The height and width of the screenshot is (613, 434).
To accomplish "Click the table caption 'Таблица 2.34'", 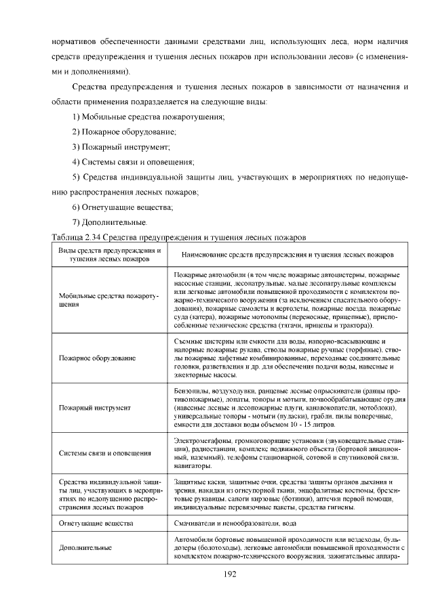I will (x=76, y=237).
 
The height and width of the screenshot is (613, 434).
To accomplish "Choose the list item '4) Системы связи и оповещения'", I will (x=133, y=162).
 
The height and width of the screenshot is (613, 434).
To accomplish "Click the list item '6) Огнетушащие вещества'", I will (x=122, y=207).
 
